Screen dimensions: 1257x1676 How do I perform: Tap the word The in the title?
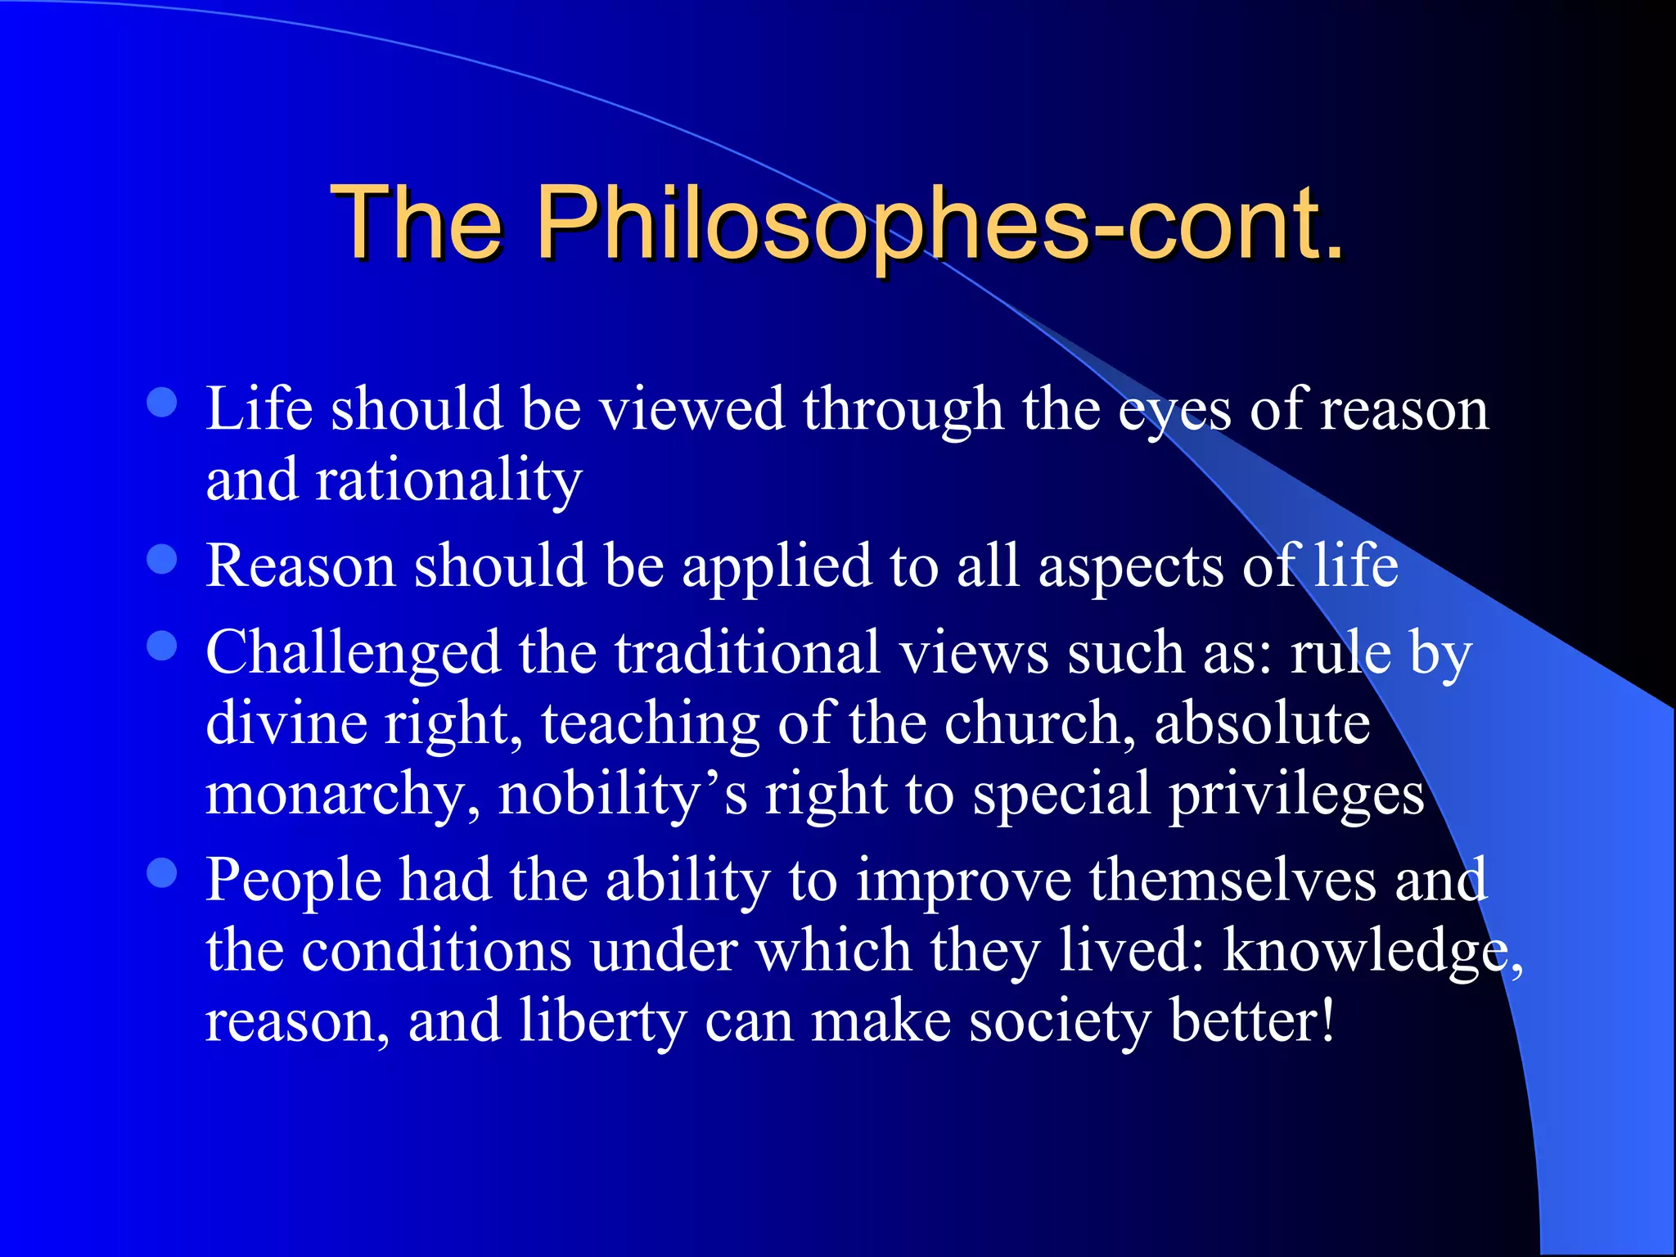pos(416,223)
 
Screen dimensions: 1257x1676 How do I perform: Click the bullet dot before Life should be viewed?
pos(162,402)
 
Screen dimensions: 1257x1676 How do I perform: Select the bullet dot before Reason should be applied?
pos(162,560)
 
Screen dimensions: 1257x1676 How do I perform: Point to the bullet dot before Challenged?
pos(162,645)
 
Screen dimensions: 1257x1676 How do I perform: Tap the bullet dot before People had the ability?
pos(162,872)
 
